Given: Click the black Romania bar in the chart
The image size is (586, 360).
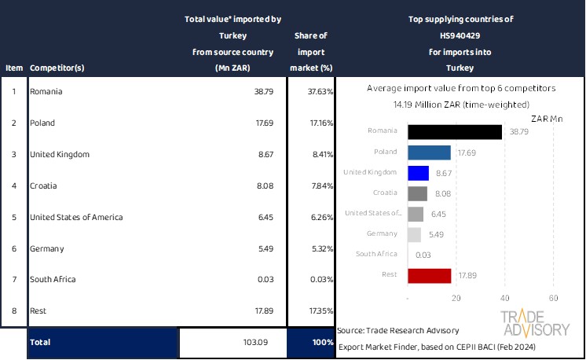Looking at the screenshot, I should coord(455,132).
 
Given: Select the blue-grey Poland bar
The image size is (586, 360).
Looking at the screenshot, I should coord(430,152).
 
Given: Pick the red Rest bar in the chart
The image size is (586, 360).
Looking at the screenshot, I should coord(430,275).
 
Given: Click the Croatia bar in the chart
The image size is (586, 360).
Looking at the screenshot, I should coord(418,193).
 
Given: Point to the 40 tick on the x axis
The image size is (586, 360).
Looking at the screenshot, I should coord(505,299).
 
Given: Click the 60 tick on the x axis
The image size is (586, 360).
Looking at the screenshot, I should coord(553,299).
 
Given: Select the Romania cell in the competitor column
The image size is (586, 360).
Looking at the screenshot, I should coord(46,92).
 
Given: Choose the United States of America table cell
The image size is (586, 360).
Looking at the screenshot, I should coord(76,217).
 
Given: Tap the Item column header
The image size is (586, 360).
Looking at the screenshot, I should coord(14,68).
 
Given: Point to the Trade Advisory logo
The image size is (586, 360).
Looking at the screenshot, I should coord(535,323).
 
